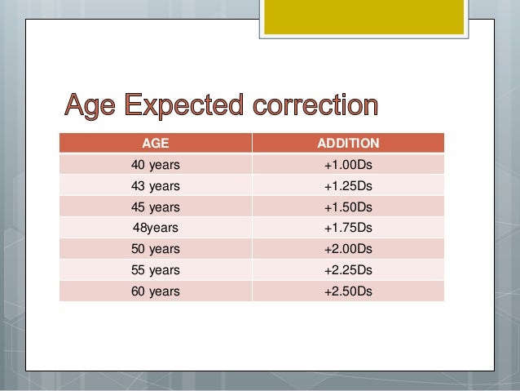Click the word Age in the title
91,106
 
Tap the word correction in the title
315,106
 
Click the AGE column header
155,143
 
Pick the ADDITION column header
348,143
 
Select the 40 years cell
155,164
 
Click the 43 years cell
155,185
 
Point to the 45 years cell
155,207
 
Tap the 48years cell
155,227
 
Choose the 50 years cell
155,248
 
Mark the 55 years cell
155,269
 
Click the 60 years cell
155,291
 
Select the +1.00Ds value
348,164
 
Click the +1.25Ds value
348,185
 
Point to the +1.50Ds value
348,207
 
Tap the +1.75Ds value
348,227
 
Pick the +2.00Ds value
348,248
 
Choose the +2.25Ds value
348,269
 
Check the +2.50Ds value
348,291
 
